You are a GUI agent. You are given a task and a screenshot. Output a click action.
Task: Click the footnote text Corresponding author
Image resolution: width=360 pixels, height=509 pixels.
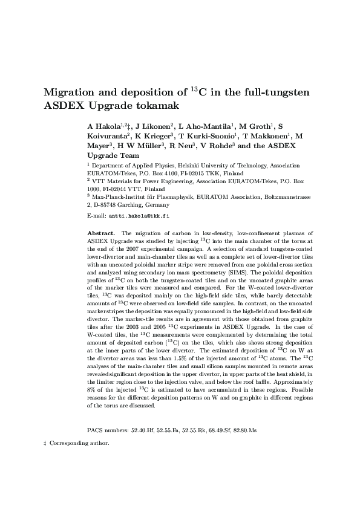point(79,443)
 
